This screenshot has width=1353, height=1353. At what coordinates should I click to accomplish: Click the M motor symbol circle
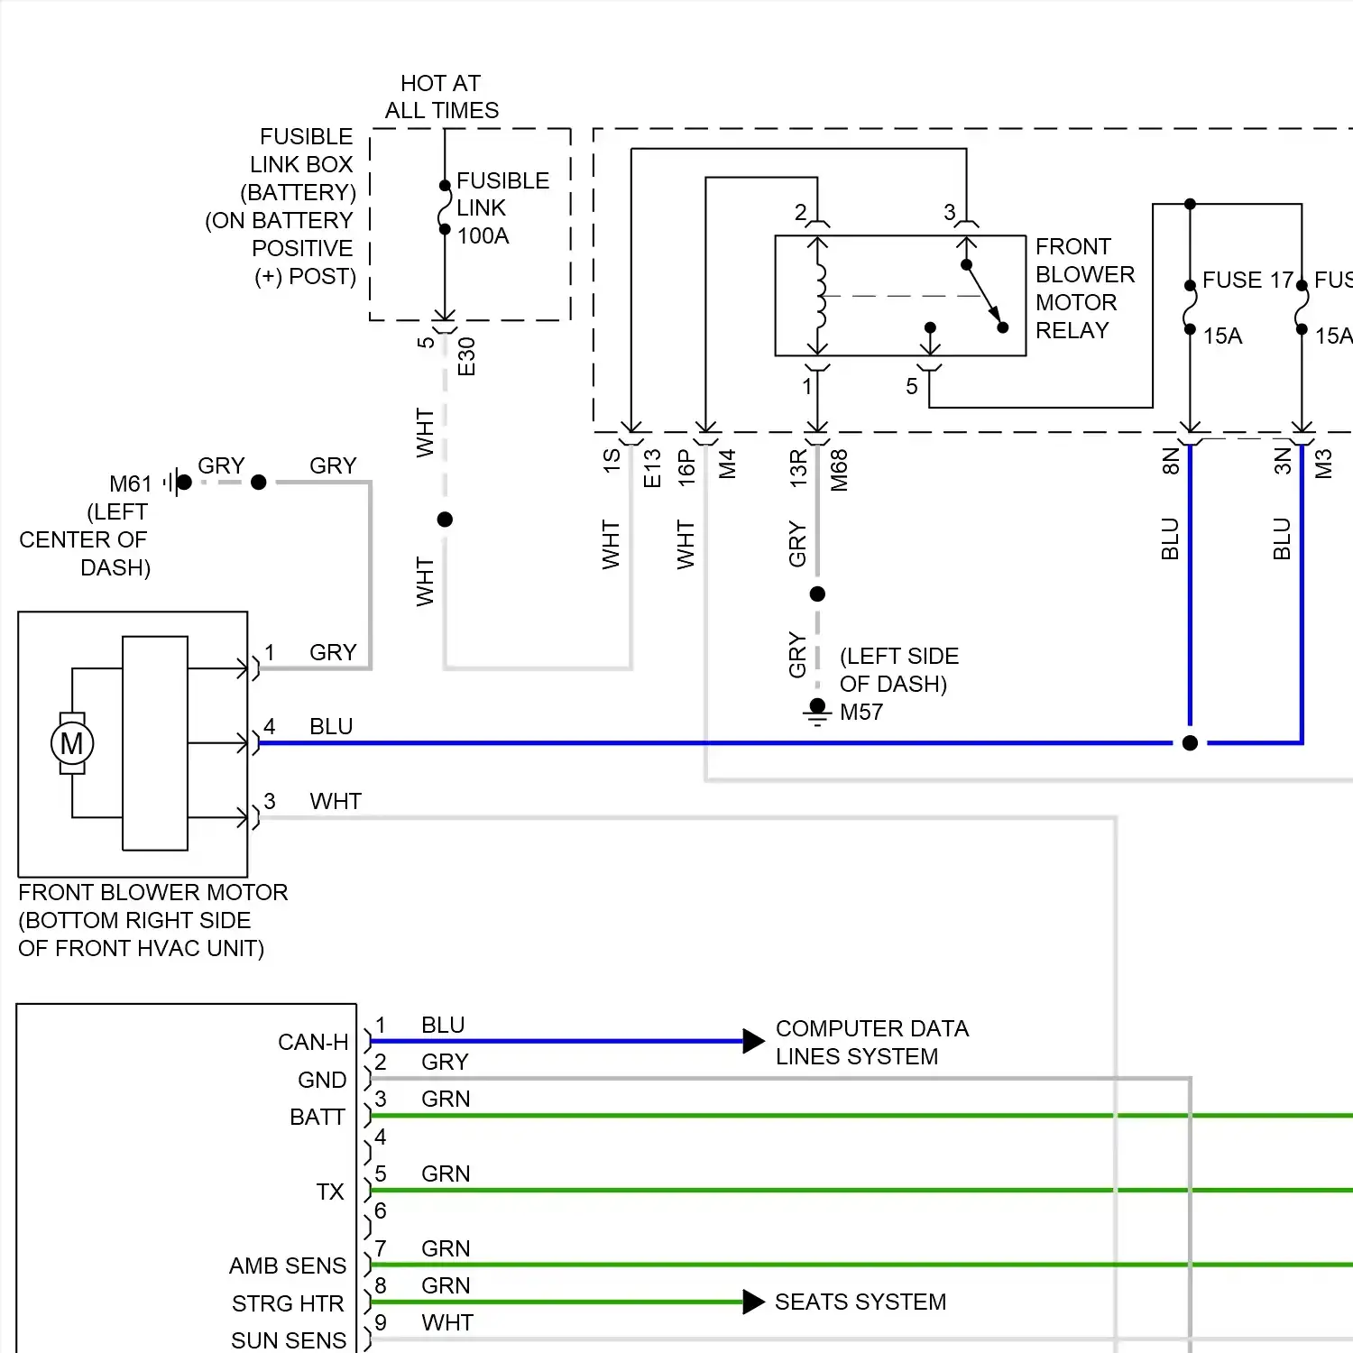coord(71,743)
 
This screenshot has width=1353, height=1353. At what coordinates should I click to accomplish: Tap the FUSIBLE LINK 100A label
coord(502,208)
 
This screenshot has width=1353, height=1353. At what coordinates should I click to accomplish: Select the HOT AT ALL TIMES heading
coord(441,97)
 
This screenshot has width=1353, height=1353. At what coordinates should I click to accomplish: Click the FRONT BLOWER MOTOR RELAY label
coord(1084,289)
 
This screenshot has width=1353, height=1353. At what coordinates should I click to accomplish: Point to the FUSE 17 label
coord(1247,281)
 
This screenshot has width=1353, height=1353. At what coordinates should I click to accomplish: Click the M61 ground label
coord(131,484)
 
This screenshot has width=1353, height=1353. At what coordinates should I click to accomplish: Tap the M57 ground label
coord(861,713)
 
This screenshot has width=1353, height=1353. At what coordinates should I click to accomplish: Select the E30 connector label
coord(466,356)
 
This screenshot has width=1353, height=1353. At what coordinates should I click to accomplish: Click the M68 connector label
coord(839,470)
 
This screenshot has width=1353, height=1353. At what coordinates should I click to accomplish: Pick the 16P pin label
coord(686,469)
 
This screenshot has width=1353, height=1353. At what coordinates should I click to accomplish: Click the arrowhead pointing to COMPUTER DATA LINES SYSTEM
coord(753,1041)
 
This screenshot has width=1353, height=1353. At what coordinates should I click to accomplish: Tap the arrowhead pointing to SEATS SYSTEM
coord(753,1302)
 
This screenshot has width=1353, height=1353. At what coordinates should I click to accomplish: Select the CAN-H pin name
coord(313,1043)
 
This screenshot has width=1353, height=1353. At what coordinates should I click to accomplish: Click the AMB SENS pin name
coord(288,1266)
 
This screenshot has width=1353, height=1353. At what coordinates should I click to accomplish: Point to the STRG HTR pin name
coord(288,1304)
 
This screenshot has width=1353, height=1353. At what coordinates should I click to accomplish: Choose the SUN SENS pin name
coord(289,1340)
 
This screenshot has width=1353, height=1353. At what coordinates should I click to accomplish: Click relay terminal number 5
coord(912,387)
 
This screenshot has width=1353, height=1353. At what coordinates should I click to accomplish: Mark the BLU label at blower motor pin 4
coord(331,727)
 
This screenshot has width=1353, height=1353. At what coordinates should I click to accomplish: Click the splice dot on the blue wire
coord(1190,743)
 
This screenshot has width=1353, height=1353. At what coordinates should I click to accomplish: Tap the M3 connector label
coord(1323,464)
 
